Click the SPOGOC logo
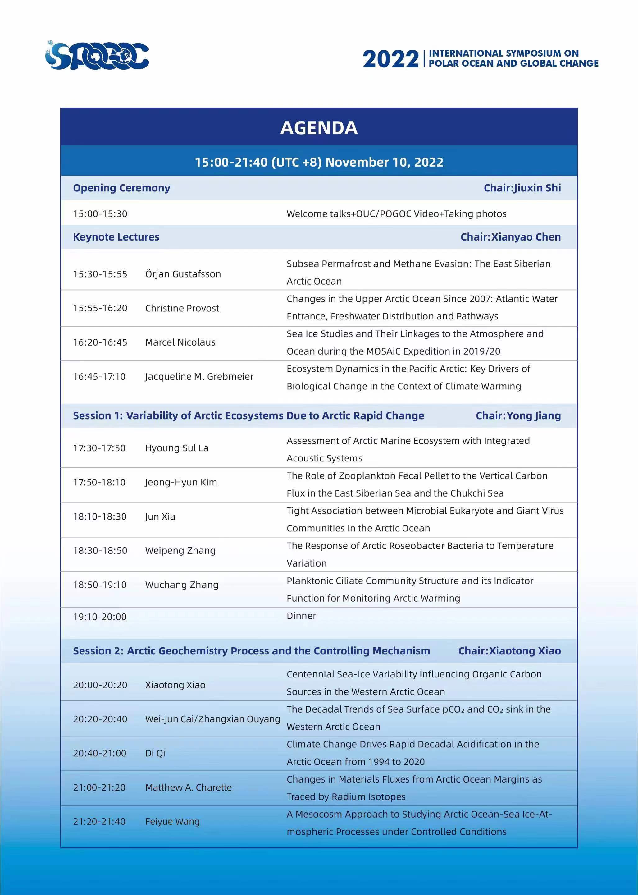[97, 56]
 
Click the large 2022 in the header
[390, 59]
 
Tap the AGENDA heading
[319, 128]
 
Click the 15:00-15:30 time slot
[100, 214]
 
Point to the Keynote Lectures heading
[116, 237]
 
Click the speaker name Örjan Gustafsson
[183, 274]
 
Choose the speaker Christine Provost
[182, 308]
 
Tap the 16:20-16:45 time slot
[100, 342]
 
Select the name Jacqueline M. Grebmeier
[199, 377]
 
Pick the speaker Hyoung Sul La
[177, 448]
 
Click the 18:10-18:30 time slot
[100, 516]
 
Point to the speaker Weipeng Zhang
[180, 551]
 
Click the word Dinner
[301, 616]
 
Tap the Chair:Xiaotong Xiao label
[509, 651]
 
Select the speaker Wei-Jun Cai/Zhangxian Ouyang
[212, 719]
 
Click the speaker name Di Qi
[155, 754]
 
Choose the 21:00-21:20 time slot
[99, 788]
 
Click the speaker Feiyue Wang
[172, 822]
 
